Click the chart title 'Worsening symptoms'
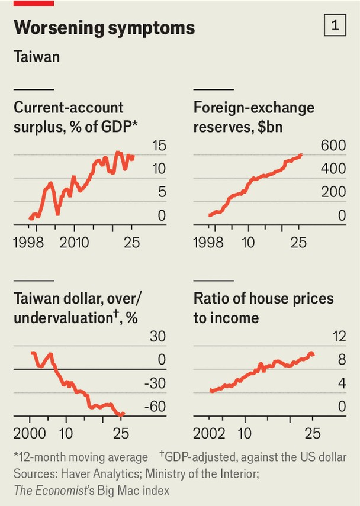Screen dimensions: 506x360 point(104,27)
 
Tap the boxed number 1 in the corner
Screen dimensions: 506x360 point(335,27)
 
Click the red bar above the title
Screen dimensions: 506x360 point(34,3)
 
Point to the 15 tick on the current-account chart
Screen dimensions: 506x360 point(158,146)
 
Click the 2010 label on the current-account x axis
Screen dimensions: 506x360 point(74,242)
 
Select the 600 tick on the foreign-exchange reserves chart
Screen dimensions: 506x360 point(333,146)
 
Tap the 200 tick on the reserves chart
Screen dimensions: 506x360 point(333,192)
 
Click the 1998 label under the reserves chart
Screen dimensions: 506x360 point(209,242)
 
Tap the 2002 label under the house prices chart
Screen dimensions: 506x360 point(210,433)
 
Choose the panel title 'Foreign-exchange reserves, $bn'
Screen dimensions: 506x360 point(254,117)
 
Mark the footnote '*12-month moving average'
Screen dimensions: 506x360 point(81,457)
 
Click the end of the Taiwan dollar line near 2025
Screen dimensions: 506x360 point(123,414)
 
